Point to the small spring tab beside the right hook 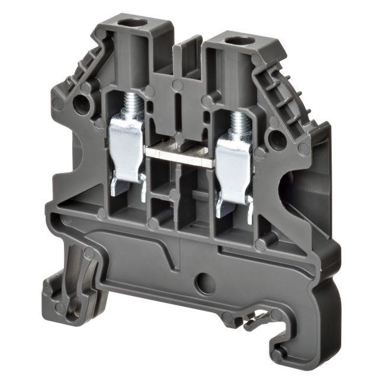(x=256, y=320)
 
